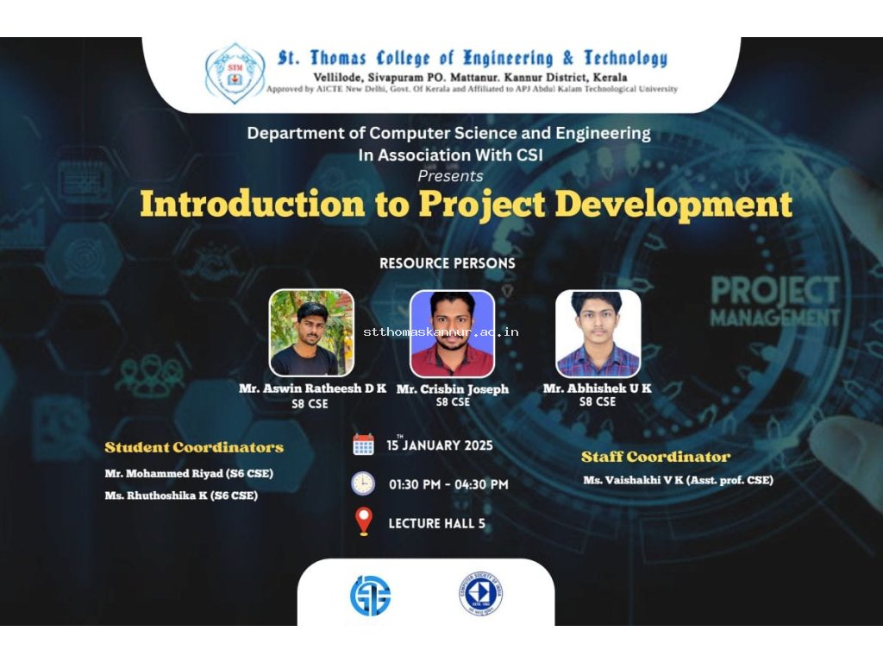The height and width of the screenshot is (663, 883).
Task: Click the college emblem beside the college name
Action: coord(235,73)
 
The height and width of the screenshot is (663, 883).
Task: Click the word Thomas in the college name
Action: coord(338,58)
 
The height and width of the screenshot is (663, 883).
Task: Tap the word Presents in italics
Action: coord(450,176)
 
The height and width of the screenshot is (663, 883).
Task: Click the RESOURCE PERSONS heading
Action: coord(448,263)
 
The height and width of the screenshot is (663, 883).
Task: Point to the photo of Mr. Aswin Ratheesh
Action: coord(311,332)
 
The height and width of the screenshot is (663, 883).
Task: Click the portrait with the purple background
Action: coord(452,334)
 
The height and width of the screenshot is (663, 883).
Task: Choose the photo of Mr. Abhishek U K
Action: coord(598,334)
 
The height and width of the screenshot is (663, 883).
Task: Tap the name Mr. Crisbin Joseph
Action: coord(452,388)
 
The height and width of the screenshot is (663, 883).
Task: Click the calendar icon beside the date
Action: coord(363,445)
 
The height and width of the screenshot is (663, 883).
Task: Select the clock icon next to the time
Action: coord(363,483)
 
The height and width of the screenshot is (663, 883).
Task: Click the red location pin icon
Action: coord(364,521)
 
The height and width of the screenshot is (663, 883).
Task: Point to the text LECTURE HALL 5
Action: coord(436,523)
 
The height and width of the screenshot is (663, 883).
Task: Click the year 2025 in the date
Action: coord(479,445)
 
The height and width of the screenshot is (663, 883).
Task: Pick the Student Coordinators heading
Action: coord(194,447)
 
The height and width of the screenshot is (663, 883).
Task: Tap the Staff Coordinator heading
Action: coord(655,457)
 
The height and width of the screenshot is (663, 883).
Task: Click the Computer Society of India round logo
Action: coord(480,594)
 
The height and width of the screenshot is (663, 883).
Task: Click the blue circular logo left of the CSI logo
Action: coord(371,596)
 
